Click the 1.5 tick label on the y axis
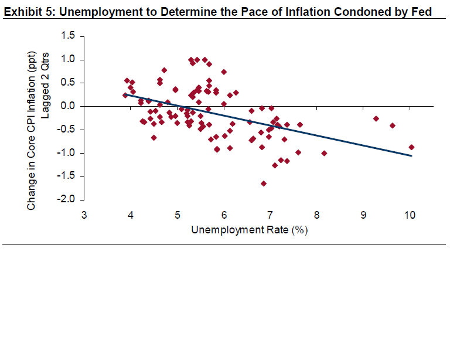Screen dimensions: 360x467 pyautogui.click(x=69, y=36)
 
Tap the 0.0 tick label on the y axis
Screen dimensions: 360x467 pyautogui.click(x=69, y=107)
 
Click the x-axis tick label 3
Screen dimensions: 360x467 pyautogui.click(x=84, y=215)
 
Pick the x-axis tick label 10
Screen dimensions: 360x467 pyautogui.click(x=410, y=215)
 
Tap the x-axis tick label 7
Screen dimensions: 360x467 pyautogui.click(x=271, y=215)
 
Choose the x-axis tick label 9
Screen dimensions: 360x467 pyautogui.click(x=364, y=215)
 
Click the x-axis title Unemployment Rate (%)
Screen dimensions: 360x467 pyautogui.click(x=250, y=230)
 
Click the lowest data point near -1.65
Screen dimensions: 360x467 pyautogui.click(x=264, y=184)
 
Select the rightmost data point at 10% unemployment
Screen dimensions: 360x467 pyautogui.click(x=411, y=147)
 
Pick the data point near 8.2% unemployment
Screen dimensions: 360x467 pyautogui.click(x=324, y=153)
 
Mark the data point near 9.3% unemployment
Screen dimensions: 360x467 pyautogui.click(x=376, y=118)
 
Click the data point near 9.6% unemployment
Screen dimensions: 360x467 pyautogui.click(x=393, y=125)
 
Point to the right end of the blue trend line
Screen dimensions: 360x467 pyautogui.click(x=411, y=156)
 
